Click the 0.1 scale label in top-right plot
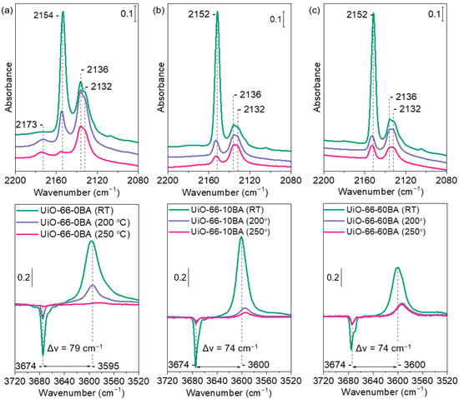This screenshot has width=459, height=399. pyautogui.click(x=434, y=14)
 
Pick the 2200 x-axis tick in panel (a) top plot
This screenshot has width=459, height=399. pyautogui.click(x=15, y=179)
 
